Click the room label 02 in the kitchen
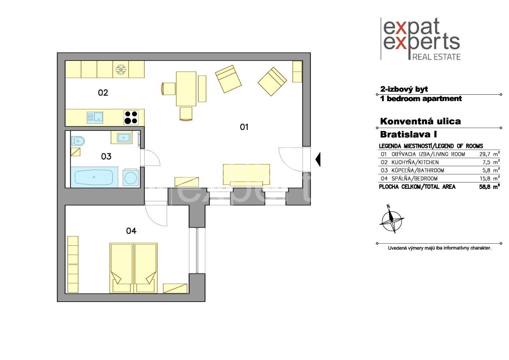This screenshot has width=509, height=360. click(103, 93)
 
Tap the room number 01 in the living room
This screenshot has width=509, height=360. click(244, 127)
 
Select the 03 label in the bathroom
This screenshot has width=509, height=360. click(106, 156)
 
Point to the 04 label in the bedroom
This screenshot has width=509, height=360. click(131, 231)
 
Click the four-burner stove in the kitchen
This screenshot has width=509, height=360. click(131, 117)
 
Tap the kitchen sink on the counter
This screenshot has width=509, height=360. click(95, 117)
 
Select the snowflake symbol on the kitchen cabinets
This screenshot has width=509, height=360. click(121, 70)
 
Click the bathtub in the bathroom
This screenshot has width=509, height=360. click(94, 177)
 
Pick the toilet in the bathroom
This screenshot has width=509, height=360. click(77, 141)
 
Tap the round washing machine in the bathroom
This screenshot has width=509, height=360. click(131, 178)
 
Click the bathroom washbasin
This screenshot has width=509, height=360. click(124, 137)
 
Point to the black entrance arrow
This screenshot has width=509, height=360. click(318, 160)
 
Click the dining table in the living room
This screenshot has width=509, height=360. click(186, 89)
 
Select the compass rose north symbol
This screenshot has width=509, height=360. click(392, 220)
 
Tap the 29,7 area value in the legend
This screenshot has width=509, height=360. click(485, 154)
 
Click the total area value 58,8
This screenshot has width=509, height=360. click(485, 187)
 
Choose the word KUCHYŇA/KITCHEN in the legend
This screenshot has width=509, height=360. click(415, 162)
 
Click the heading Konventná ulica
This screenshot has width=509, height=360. click(420, 121)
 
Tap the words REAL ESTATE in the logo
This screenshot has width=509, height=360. click(436, 57)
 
